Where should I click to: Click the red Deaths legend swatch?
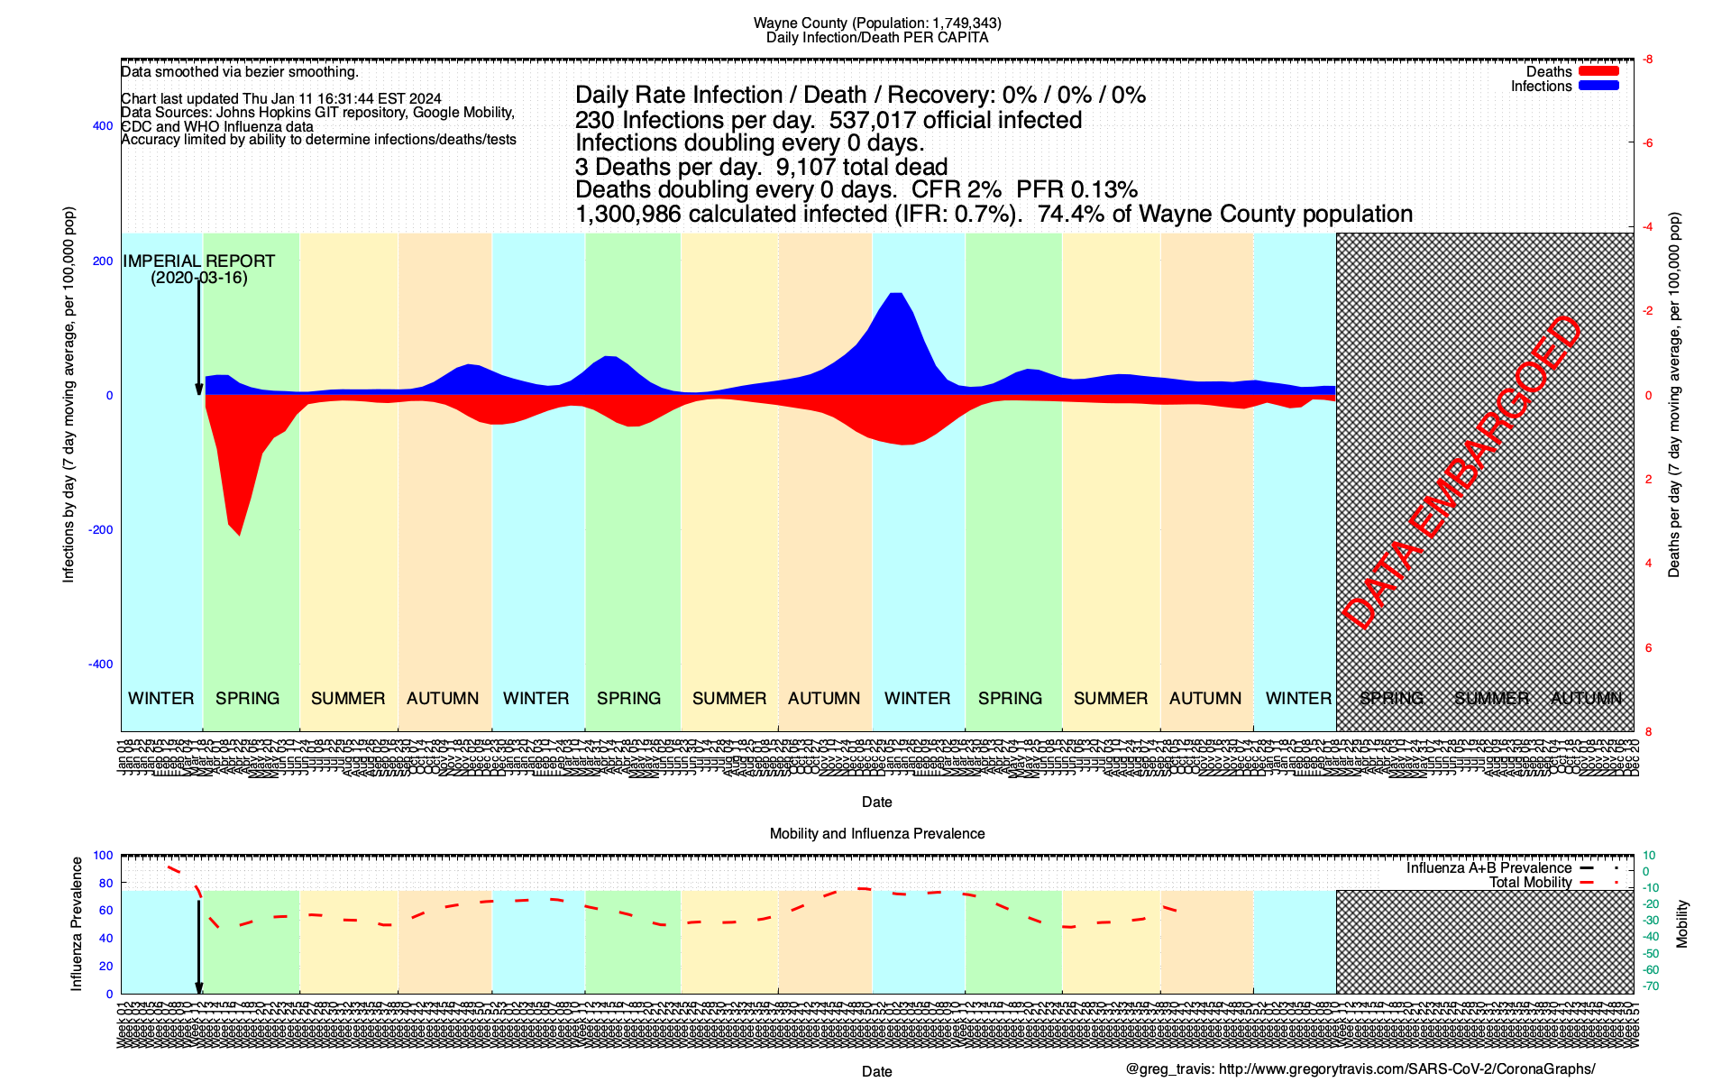(x=1598, y=71)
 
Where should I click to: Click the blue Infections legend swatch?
(x=1598, y=86)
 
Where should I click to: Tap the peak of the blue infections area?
(x=895, y=294)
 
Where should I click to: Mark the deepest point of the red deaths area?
(x=239, y=535)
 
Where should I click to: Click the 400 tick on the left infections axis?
(x=103, y=126)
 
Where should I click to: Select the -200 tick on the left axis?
(x=101, y=530)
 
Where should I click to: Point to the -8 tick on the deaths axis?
(x=1647, y=60)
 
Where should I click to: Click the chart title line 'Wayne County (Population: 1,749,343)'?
(x=876, y=23)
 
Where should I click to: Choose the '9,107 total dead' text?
(x=861, y=167)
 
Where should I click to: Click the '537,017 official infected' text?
(x=955, y=120)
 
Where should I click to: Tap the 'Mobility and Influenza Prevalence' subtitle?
(x=876, y=833)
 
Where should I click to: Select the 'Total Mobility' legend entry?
(x=1530, y=883)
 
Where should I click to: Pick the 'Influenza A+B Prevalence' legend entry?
(x=1488, y=868)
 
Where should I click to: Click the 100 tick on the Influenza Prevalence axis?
(x=103, y=856)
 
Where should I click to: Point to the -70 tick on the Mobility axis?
(x=1650, y=986)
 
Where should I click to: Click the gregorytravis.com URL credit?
(x=1406, y=1069)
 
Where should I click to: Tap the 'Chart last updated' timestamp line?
(x=281, y=99)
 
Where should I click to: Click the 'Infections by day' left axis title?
(x=69, y=395)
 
